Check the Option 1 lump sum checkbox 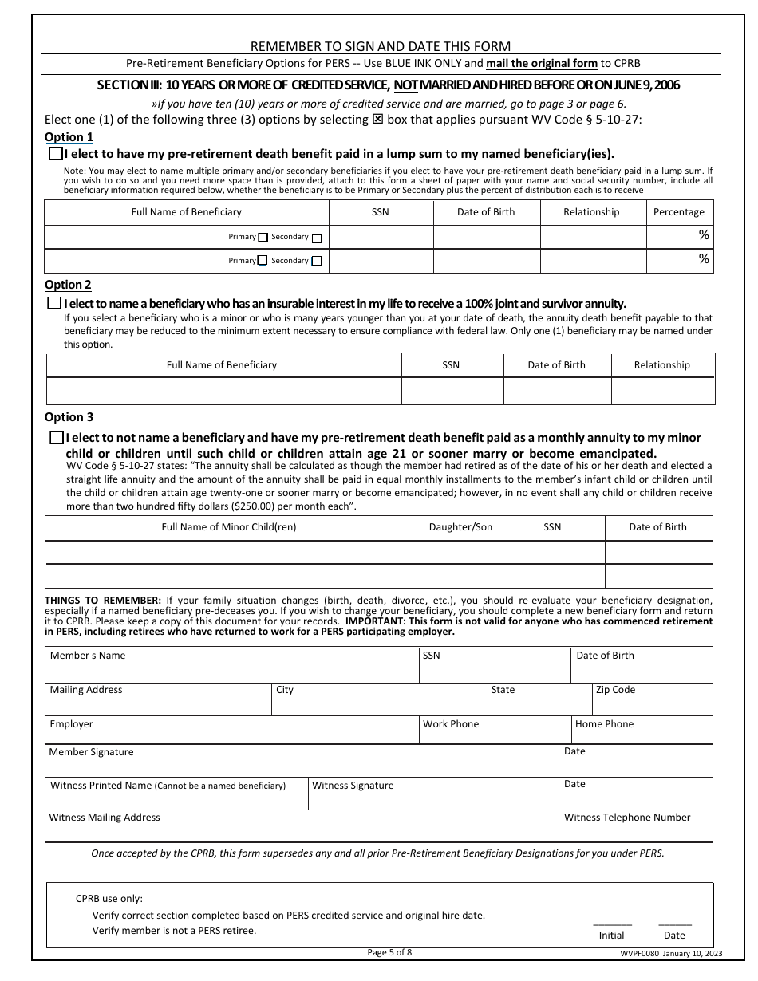[x=55, y=154]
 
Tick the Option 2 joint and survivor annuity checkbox [x=54, y=303]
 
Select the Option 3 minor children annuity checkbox [x=56, y=437]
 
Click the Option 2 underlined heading [x=68, y=285]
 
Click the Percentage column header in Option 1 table [x=678, y=212]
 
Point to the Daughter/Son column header [x=460, y=527]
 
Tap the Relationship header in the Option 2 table [x=661, y=365]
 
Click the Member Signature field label [x=91, y=752]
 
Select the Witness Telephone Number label [x=627, y=817]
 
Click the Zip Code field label [x=615, y=690]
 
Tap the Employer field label [x=71, y=724]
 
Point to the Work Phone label [x=451, y=724]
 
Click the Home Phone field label [x=604, y=724]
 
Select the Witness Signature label [x=353, y=786]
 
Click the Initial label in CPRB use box [x=611, y=935]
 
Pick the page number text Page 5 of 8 [x=389, y=951]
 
